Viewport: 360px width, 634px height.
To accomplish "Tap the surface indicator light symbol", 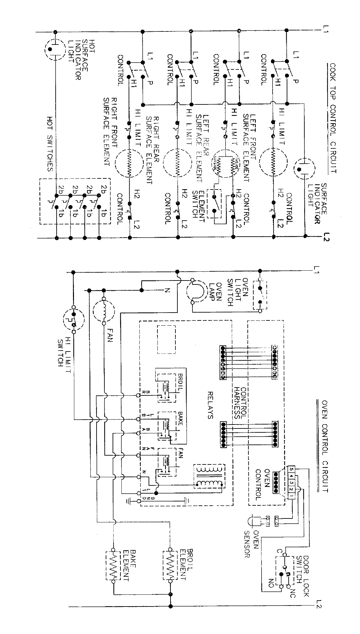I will (304, 170).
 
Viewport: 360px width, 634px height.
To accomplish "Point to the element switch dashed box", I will (215, 203).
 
